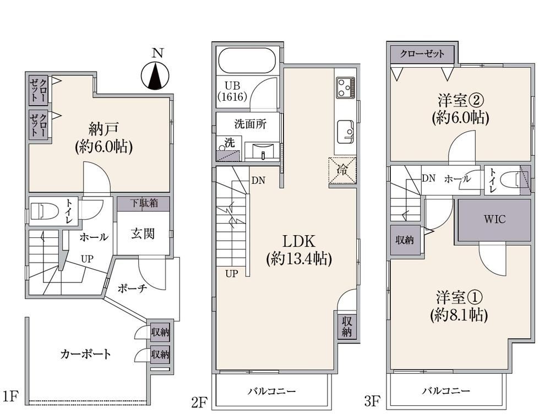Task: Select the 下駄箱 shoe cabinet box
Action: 144,204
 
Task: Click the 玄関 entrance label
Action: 143,233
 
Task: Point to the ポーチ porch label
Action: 132,289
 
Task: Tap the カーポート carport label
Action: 85,353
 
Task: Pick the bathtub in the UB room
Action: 248,61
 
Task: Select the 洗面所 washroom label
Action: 251,124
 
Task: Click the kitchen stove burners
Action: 346,88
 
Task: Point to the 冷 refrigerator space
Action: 342,171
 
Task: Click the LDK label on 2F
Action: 299,241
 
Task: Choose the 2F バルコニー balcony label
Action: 272,391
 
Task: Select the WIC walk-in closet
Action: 494,219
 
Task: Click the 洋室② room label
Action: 461,101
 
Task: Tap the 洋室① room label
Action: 459,297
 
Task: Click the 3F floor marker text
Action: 372,401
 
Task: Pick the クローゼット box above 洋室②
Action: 422,54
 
